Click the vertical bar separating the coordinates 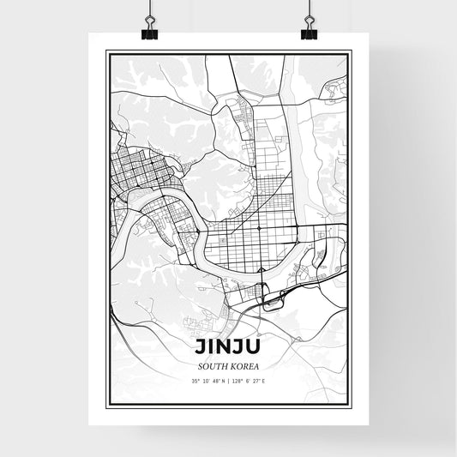[228, 381]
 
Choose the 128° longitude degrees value [238, 381]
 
